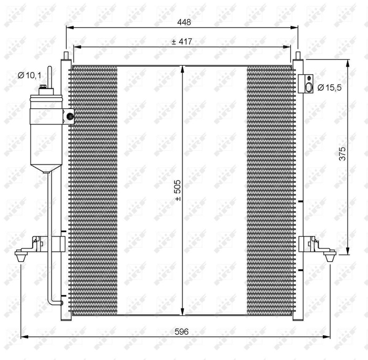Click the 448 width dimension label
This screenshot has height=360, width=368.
click(x=183, y=23)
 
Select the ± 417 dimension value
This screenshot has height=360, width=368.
click(x=181, y=42)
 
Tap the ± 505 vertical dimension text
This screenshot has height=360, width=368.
click(x=177, y=190)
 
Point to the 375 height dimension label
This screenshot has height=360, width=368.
click(x=342, y=154)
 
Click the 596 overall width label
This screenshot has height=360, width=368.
click(x=181, y=331)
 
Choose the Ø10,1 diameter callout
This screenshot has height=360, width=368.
click(x=29, y=76)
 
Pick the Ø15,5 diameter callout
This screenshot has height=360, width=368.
click(x=330, y=88)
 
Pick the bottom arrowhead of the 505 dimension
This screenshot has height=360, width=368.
click(x=182, y=312)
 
